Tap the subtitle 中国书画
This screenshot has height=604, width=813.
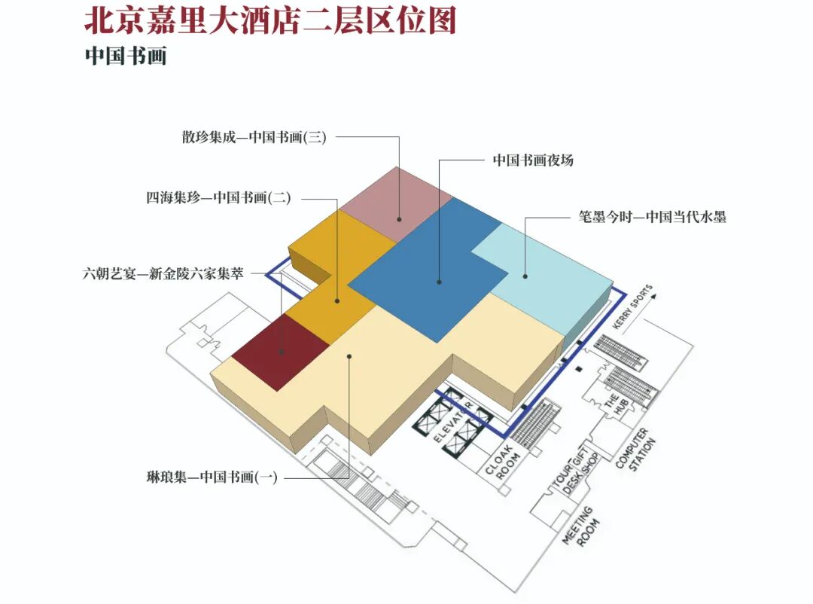(x=125, y=56)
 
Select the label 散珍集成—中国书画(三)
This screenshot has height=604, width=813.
(x=254, y=137)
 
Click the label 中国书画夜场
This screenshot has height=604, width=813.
(x=533, y=160)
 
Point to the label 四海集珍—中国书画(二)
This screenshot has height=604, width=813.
(x=218, y=198)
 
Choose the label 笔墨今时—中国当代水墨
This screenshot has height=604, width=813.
(x=647, y=218)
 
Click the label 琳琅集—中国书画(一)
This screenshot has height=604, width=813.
(x=212, y=477)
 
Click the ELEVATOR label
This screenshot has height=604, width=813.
(x=452, y=422)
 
